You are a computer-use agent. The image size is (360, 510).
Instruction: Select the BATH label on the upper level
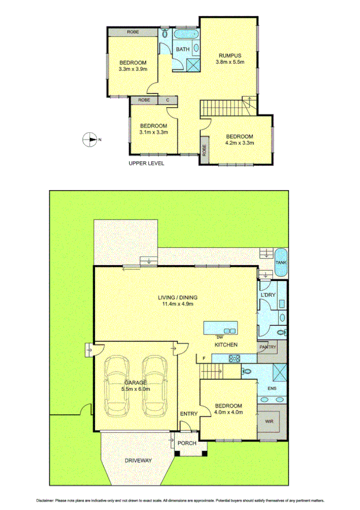tap(183, 49)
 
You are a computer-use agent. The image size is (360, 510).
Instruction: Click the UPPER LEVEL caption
tap(147, 163)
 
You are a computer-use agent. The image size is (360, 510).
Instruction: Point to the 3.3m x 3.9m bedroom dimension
tap(132, 70)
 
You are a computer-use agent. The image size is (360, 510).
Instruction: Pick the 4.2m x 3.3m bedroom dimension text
tap(239, 143)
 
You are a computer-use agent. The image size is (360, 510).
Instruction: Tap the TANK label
tap(281, 263)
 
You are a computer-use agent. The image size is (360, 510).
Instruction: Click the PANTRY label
tap(267, 347)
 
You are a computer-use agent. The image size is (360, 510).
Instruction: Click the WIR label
tap(269, 422)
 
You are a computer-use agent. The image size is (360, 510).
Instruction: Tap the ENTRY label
tap(188, 413)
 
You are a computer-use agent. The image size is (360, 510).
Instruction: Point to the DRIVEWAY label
tap(138, 461)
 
